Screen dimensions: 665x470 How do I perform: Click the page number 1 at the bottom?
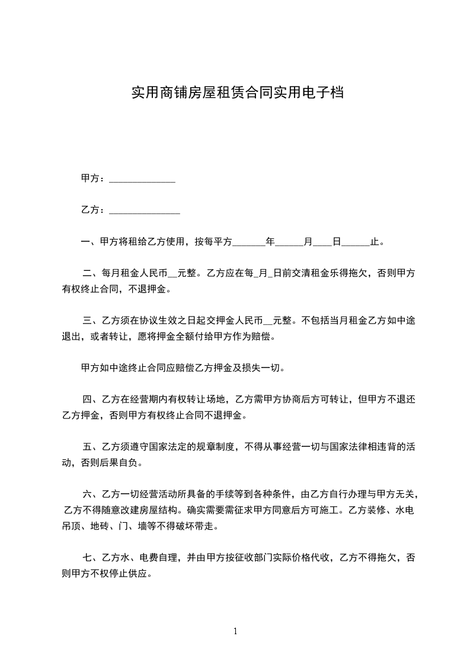point(235,631)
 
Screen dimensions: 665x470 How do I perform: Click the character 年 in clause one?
point(270,242)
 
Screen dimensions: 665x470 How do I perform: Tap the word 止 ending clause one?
point(374,242)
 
